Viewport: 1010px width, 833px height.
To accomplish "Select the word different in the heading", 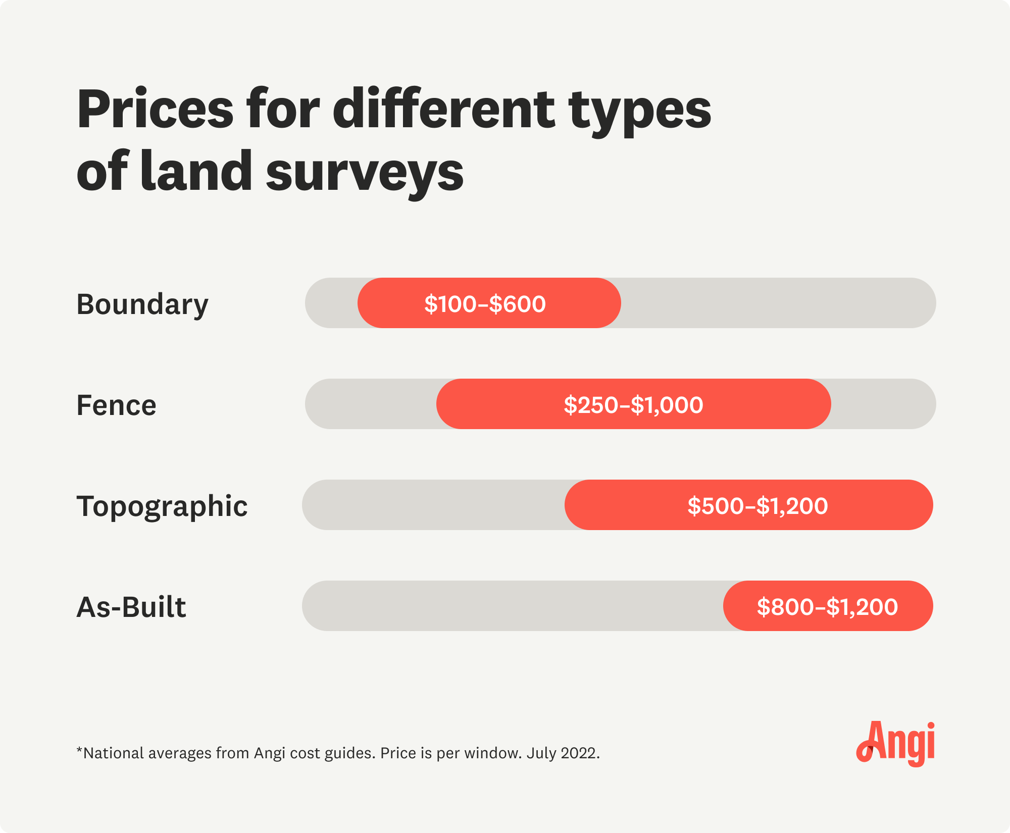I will coord(443,109).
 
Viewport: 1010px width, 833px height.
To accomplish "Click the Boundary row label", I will coord(142,304).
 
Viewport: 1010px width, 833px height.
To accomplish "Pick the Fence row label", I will coord(116,405).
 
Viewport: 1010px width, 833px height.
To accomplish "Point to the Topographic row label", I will coord(162,506).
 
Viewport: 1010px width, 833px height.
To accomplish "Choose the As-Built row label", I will coord(131,607).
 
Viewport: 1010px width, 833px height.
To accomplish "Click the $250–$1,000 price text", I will coord(633,405).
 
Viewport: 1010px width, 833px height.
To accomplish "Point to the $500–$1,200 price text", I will coord(757,506).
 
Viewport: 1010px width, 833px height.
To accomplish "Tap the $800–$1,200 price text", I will coord(827,607).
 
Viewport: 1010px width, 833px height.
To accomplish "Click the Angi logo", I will coord(895,743).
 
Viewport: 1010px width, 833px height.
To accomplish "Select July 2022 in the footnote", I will coord(563,753).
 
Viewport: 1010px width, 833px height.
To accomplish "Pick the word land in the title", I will coord(196,172).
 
